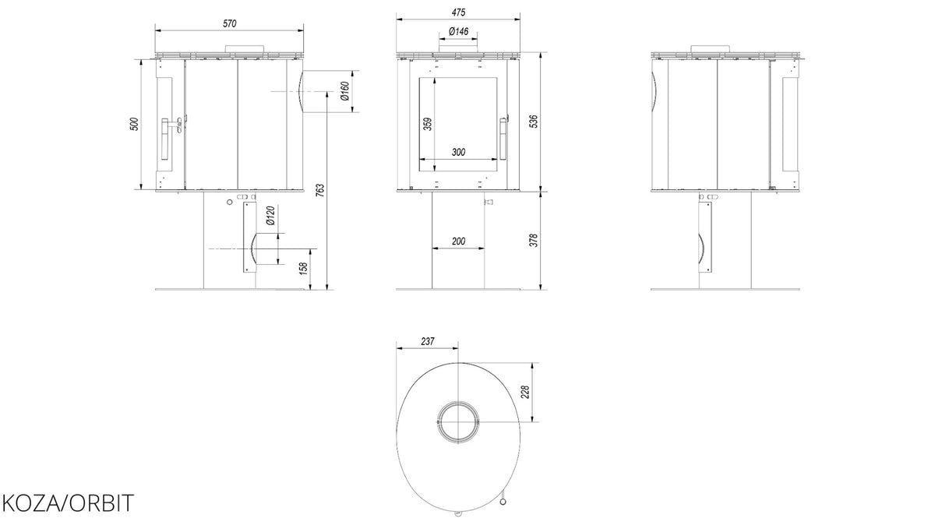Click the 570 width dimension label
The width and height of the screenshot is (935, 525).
click(230, 23)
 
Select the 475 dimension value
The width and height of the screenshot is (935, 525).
click(458, 12)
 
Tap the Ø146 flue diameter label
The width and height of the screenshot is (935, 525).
click(458, 31)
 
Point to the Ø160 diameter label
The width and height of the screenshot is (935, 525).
click(344, 91)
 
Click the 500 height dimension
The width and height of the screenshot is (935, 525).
click(134, 124)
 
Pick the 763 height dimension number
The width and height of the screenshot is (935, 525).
click(320, 190)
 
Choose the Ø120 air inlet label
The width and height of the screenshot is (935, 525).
click(270, 215)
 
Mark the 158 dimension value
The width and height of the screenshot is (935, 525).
click(303, 268)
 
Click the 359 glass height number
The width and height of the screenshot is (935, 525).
click(428, 124)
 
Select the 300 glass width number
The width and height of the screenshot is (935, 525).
click(458, 153)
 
